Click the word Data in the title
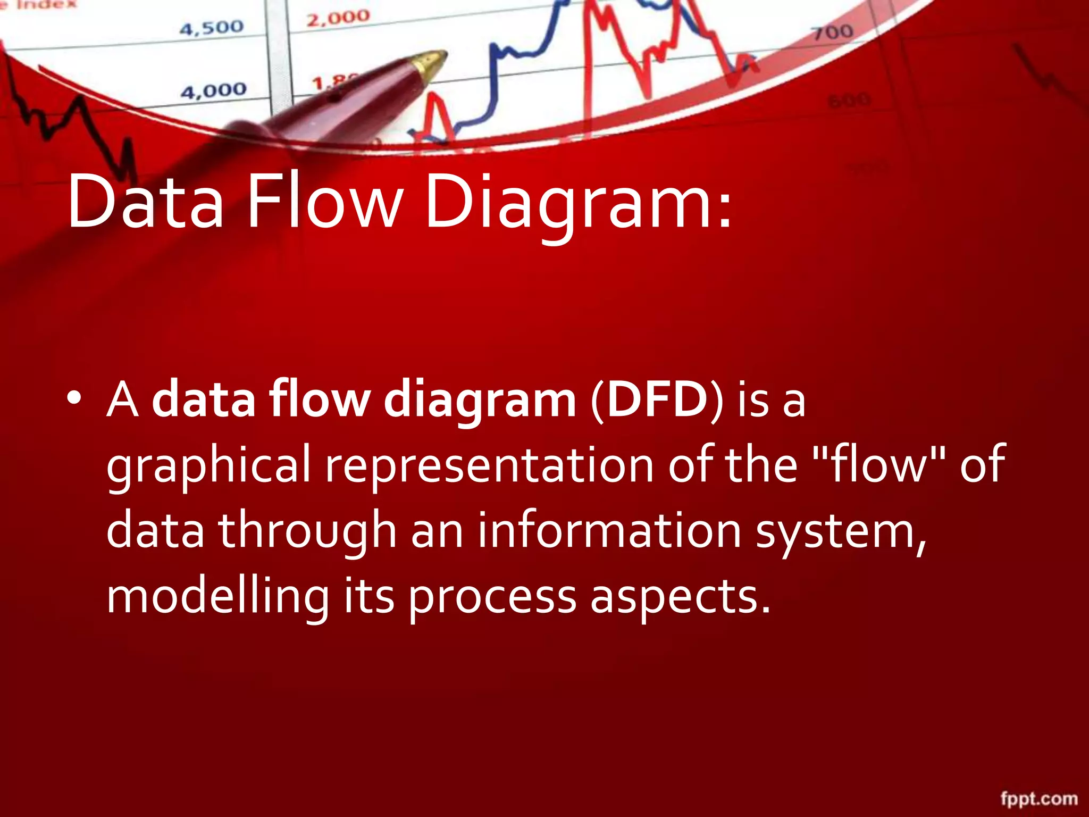(145, 202)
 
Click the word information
(609, 529)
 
